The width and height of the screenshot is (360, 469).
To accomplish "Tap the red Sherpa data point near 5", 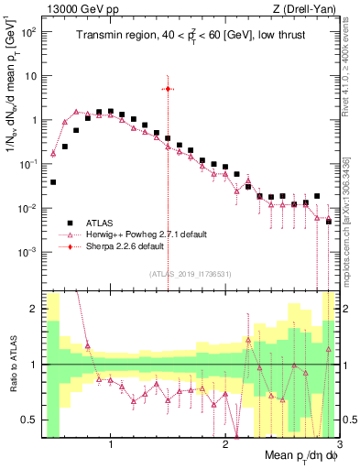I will pyautogui.click(x=168, y=89).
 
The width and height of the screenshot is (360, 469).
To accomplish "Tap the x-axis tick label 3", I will pyautogui.click(x=339, y=444).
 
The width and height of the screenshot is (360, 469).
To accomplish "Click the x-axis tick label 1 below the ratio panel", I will pyautogui.click(x=111, y=444).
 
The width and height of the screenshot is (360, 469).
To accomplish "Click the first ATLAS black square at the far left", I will pyautogui.click(x=53, y=182).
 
